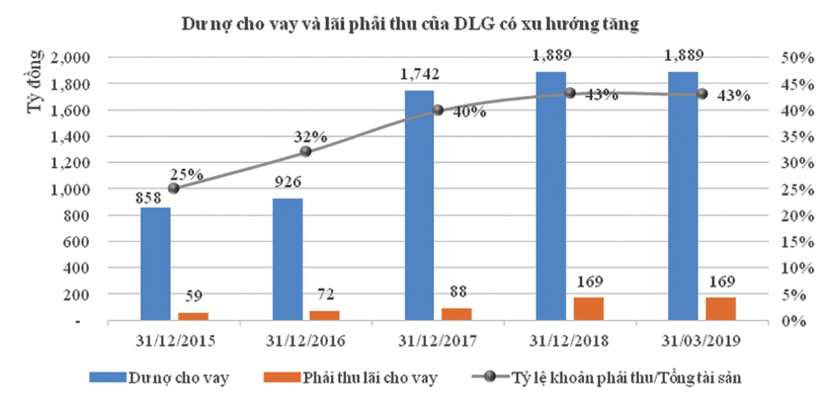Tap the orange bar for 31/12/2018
(x=588, y=309)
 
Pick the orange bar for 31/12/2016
(x=325, y=315)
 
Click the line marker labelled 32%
(x=306, y=152)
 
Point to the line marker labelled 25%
(x=173, y=188)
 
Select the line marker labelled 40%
(x=438, y=109)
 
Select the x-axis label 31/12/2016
(x=306, y=340)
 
